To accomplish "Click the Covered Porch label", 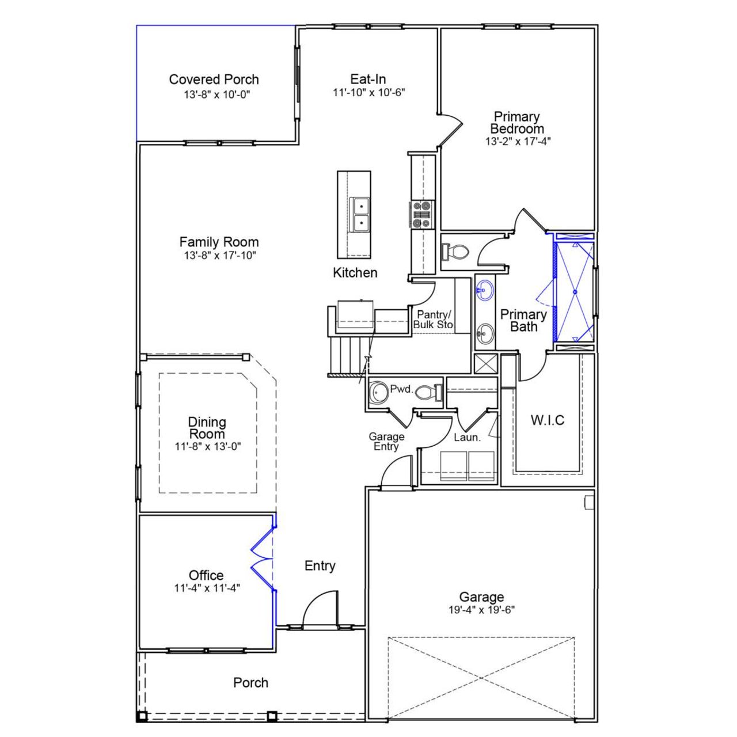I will point(214,79).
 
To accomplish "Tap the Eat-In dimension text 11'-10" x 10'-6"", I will point(368,92).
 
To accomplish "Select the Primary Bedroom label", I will point(516,123).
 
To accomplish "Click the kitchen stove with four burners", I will point(422,214).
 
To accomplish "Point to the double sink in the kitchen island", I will point(360,214).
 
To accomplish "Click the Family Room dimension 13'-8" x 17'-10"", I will point(219,255).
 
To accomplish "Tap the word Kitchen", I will point(355,273).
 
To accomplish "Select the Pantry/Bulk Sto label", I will point(434,320).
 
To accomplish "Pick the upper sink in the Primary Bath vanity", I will point(485,290).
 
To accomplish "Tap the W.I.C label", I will point(547,420).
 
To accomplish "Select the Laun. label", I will point(467,438).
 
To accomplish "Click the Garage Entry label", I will point(386,442).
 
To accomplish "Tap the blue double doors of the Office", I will point(263,559).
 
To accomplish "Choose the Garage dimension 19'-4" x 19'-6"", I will point(481,610).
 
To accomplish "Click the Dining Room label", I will point(207,428).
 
